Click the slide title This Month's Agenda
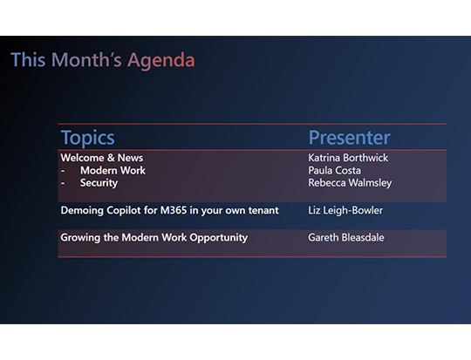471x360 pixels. (x=102, y=60)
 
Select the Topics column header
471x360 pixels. (x=87, y=138)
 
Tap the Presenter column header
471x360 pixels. (x=349, y=138)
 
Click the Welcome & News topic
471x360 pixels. (x=101, y=158)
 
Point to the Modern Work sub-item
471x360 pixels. (x=113, y=171)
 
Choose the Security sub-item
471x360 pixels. (x=99, y=183)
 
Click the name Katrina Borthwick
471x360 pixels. (x=348, y=158)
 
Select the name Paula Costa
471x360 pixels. (x=334, y=171)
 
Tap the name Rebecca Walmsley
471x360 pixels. (x=350, y=183)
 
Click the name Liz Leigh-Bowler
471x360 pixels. (x=345, y=210)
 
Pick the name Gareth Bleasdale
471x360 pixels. (x=346, y=237)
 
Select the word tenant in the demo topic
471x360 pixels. (x=262, y=210)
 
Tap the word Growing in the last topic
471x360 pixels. (x=78, y=237)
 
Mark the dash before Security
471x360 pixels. (x=63, y=183)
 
